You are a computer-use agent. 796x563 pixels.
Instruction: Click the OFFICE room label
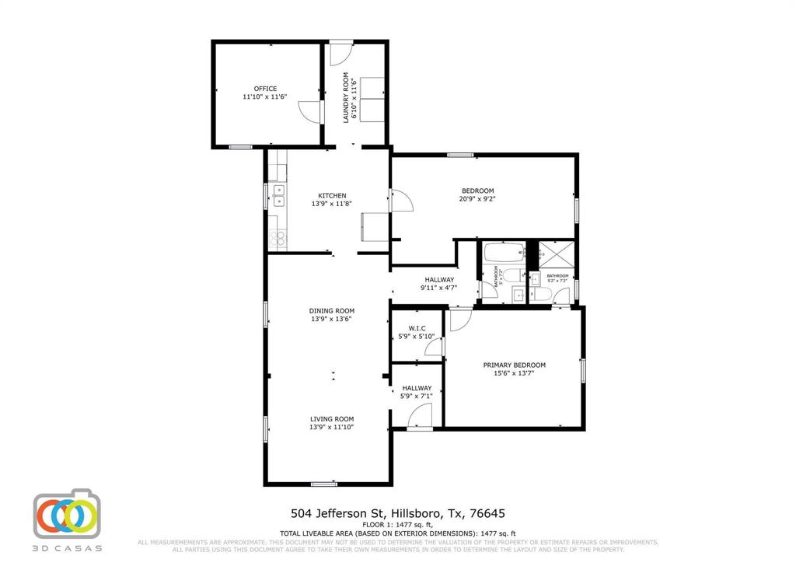(x=265, y=89)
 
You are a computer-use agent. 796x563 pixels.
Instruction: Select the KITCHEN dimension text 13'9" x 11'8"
(x=332, y=204)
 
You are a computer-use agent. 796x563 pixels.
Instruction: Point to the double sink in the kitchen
(x=278, y=195)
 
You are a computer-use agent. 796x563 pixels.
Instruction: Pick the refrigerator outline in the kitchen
(x=368, y=228)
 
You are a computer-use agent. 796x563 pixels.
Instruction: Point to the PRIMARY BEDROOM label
(x=514, y=365)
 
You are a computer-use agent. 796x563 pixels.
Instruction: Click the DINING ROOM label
(x=332, y=310)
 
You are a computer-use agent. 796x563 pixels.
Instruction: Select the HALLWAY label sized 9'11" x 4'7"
(x=438, y=279)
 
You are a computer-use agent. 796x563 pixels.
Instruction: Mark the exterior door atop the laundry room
(x=340, y=54)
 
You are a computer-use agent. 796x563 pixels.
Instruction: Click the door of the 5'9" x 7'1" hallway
(x=419, y=418)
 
